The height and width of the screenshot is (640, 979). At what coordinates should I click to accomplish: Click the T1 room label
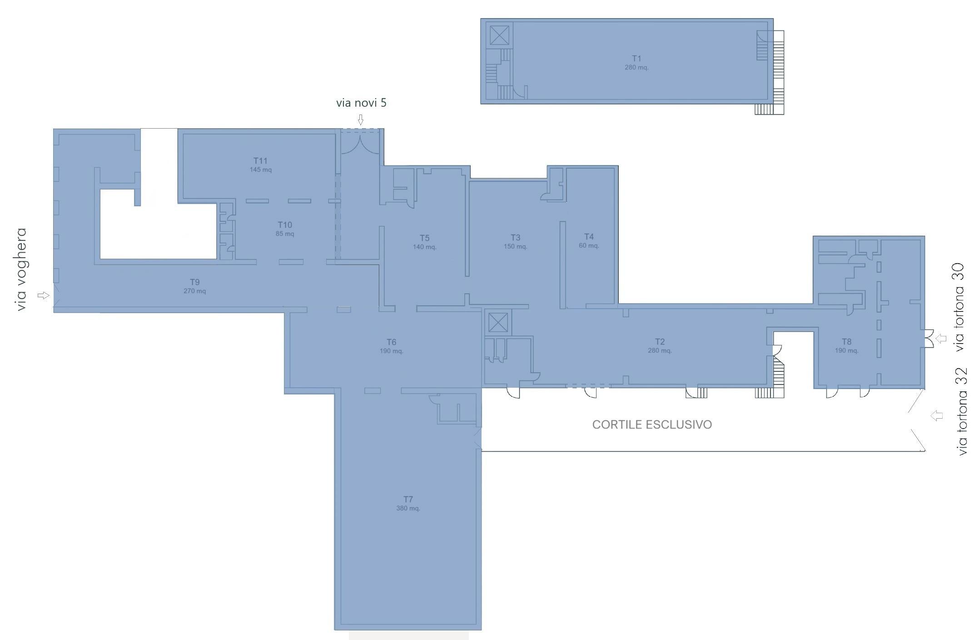pos(636,59)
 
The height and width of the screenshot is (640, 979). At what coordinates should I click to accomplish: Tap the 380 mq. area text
pos(408,508)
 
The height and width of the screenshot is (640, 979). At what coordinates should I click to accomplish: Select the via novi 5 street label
pos(361,103)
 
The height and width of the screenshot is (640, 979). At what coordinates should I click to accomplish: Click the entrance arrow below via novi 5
pos(361,120)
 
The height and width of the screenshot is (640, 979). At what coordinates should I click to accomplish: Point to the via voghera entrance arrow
pos(43,295)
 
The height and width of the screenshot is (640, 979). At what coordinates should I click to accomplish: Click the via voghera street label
pos(21,270)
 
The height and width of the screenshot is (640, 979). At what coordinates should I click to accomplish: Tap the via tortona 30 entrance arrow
pos(941,338)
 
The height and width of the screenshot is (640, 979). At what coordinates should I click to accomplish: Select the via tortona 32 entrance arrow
pos(936,415)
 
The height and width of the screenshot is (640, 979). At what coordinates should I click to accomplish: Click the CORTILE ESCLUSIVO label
pos(652,425)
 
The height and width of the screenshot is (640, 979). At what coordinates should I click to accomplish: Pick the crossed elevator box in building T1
pos(499,35)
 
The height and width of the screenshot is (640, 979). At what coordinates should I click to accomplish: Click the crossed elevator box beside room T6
pos(498,323)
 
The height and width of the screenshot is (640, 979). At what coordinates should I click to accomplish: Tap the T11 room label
pos(260,161)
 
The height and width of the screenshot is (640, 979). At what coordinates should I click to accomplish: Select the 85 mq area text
pos(285,234)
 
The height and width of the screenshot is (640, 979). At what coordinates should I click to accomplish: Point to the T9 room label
pos(194,282)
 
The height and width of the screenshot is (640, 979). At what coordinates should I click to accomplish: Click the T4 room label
pos(589,237)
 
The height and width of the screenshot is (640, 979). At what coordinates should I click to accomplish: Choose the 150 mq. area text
pos(515,247)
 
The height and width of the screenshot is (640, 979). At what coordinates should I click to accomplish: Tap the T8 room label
pos(846,342)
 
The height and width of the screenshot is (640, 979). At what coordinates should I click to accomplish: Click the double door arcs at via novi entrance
pos(360,144)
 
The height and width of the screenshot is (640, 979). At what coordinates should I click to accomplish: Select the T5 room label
pos(424,238)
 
